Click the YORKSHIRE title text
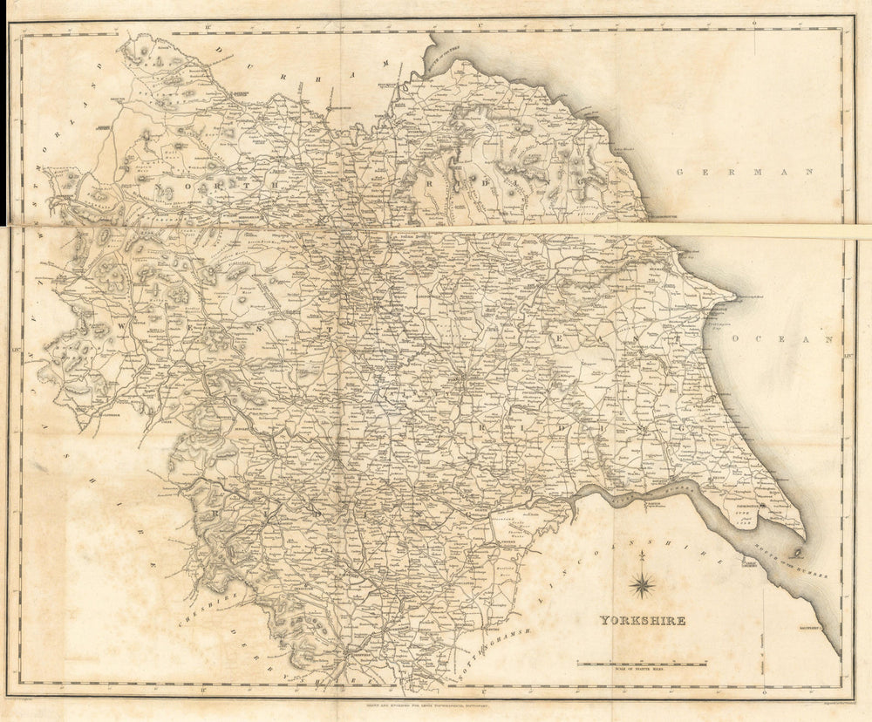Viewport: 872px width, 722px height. pos(642,621)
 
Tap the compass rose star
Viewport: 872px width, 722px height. pos(643,584)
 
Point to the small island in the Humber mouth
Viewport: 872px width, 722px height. pos(796,553)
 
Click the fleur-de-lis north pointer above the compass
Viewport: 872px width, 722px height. pos(643,555)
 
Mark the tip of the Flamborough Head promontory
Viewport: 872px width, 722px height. pos(736,297)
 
